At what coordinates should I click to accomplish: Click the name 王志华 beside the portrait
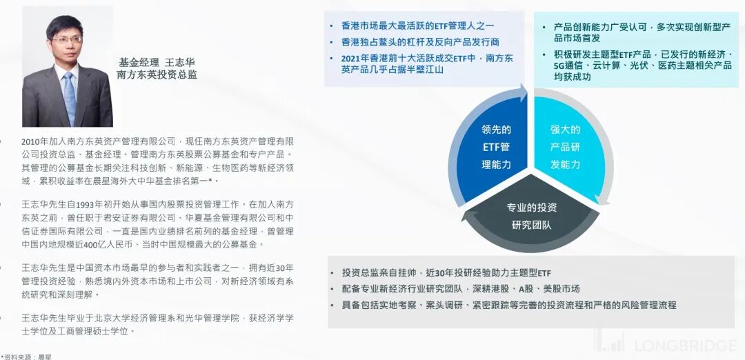click(181, 62)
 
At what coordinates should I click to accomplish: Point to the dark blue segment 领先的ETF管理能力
click(495, 147)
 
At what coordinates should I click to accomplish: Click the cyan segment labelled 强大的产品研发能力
click(565, 147)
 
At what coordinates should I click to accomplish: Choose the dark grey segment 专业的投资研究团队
click(531, 216)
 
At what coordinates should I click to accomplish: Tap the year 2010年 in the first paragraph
click(34, 141)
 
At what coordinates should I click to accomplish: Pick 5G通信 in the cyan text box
click(570, 66)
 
